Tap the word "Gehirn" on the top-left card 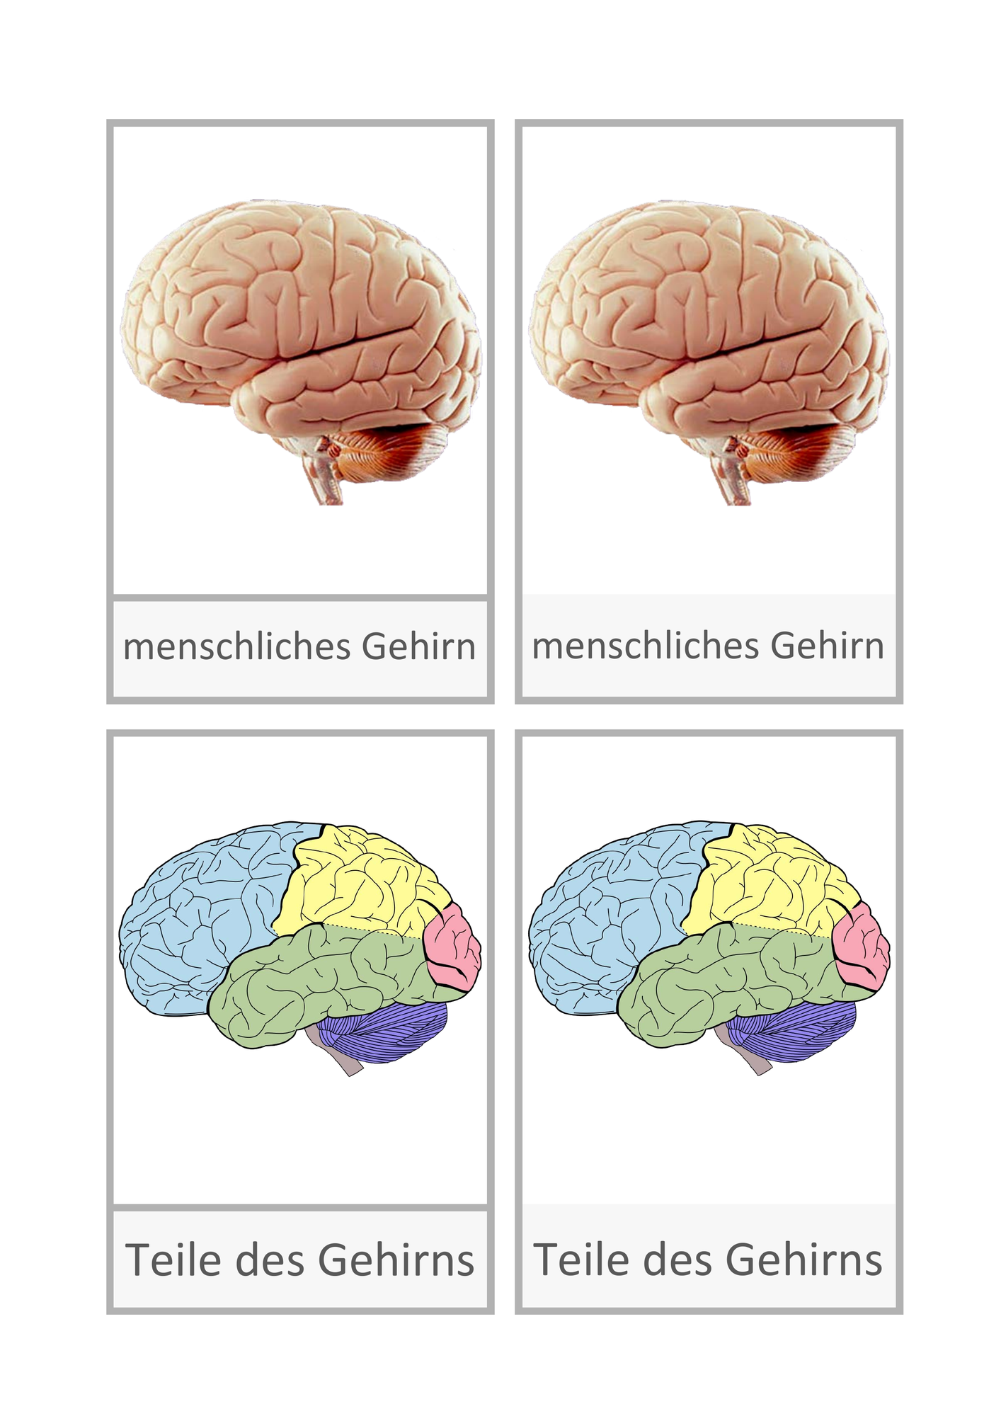pyautogui.click(x=419, y=646)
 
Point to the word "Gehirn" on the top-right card pyautogui.click(x=828, y=646)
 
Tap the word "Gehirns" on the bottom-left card pyautogui.click(x=396, y=1260)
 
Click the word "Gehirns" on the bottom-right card pyautogui.click(x=804, y=1260)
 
